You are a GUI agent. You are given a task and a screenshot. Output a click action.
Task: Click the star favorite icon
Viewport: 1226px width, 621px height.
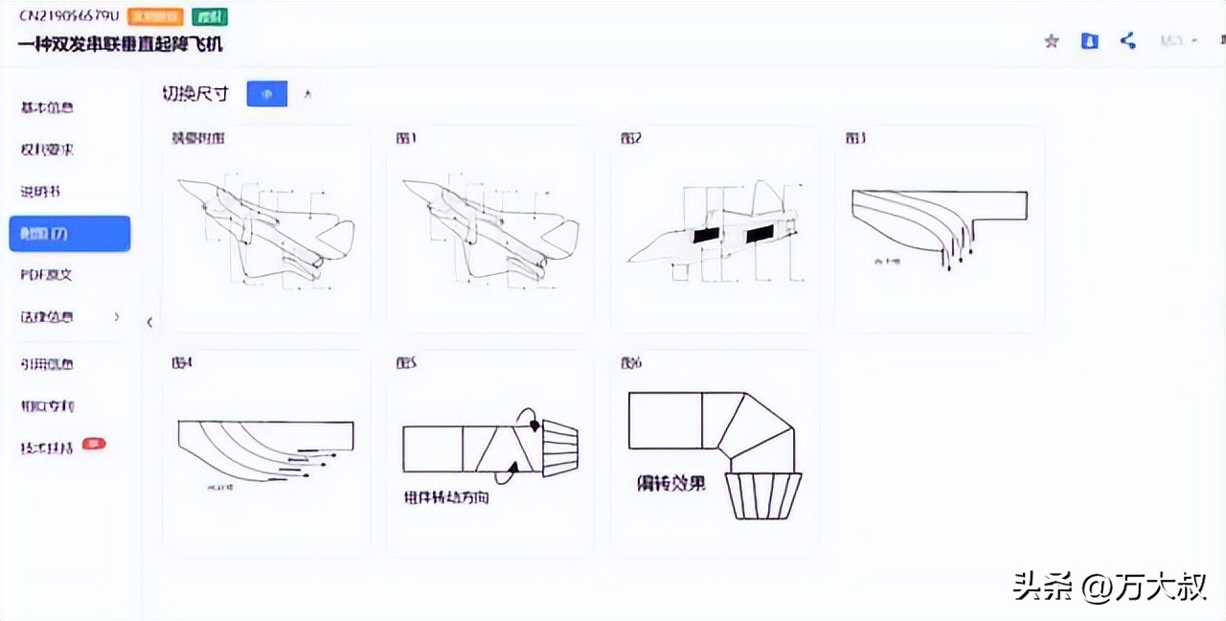coord(1052,41)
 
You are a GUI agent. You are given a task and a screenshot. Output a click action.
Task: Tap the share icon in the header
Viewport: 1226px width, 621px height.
coord(1128,41)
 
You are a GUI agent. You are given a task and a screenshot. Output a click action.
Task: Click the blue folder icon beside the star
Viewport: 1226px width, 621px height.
coord(1089,41)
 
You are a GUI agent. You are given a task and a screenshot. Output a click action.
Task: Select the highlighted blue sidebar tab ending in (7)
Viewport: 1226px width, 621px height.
coord(69,234)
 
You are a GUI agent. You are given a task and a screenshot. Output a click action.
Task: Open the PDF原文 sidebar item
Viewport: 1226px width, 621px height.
coord(47,275)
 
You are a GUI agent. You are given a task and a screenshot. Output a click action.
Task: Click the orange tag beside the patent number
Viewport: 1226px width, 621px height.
coord(154,17)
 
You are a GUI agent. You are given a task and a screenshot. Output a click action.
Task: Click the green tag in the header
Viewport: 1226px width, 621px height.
coord(210,17)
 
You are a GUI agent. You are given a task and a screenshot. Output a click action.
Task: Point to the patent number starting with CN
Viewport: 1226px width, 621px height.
coord(68,17)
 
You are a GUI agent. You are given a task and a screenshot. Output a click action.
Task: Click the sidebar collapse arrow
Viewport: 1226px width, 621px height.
coord(149,322)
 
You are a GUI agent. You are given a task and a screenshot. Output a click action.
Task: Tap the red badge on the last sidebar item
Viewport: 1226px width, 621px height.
coord(94,444)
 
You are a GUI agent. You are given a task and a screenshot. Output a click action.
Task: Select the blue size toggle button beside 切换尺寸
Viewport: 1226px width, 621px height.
coord(266,93)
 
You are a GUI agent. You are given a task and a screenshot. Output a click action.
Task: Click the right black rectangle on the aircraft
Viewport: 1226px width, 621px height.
coord(759,233)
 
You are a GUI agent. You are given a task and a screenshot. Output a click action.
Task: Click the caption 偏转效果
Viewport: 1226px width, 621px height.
coord(671,484)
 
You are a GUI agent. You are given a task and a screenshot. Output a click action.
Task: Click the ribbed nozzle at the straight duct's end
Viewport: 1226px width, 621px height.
coord(560,448)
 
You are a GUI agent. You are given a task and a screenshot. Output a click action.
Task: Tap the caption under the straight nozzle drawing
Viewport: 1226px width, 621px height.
coord(446,497)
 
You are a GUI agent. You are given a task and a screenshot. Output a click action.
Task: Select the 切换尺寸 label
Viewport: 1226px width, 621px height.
coord(195,93)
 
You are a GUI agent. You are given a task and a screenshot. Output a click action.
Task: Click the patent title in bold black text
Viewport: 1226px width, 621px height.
coord(120,44)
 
